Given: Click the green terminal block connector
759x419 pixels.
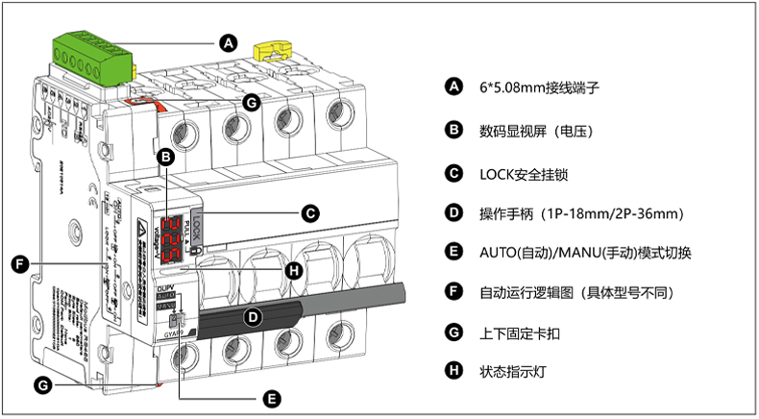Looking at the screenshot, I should [x=91, y=55].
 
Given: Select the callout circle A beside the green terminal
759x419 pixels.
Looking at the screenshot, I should [x=228, y=42].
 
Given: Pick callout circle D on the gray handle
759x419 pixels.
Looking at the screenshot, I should [x=253, y=315].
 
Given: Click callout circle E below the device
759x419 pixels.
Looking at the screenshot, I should [x=272, y=397].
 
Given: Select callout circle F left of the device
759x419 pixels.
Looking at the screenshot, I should [x=19, y=262].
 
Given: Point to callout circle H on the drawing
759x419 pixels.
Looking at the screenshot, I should [x=295, y=270].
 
